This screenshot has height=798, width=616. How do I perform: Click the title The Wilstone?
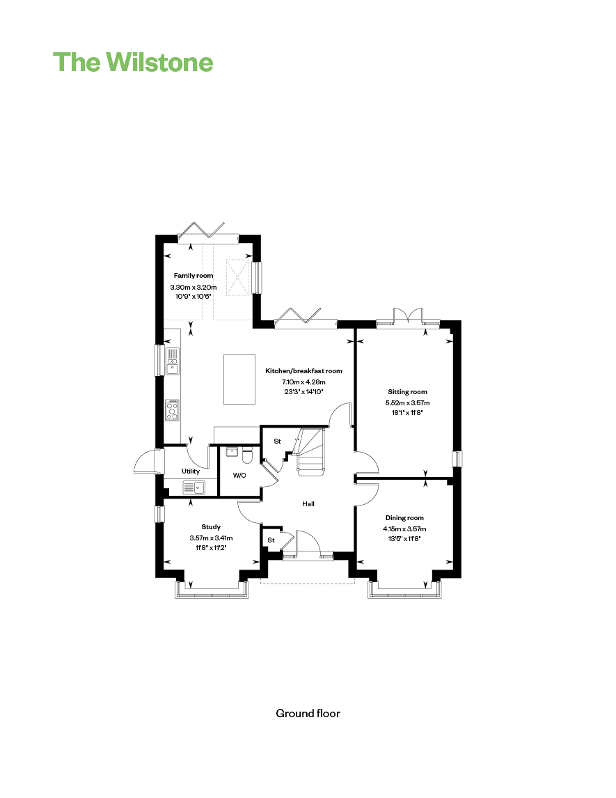click(133, 62)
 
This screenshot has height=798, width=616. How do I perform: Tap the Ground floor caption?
click(308, 714)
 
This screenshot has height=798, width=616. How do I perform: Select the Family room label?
click(194, 275)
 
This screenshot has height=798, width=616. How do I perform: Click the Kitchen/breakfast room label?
click(303, 371)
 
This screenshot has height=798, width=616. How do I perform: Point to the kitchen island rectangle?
click(239, 380)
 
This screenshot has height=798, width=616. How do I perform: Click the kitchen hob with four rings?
click(173, 410)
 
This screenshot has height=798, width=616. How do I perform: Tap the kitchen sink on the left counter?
click(173, 361)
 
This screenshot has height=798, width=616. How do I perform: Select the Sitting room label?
click(407, 392)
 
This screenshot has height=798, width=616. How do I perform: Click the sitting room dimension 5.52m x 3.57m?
click(407, 402)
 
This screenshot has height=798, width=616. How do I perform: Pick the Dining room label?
click(404, 518)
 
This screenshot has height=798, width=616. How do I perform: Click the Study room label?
click(211, 527)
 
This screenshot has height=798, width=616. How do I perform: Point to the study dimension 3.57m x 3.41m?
click(211, 538)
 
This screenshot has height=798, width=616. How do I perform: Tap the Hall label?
click(308, 504)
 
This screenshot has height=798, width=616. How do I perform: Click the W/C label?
click(239, 476)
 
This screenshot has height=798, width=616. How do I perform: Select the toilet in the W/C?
click(248, 455)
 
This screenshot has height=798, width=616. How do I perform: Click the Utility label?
click(191, 471)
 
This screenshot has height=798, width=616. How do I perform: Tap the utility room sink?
click(194, 487)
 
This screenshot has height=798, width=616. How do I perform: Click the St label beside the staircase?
click(277, 441)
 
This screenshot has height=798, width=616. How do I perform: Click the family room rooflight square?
click(238, 277)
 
